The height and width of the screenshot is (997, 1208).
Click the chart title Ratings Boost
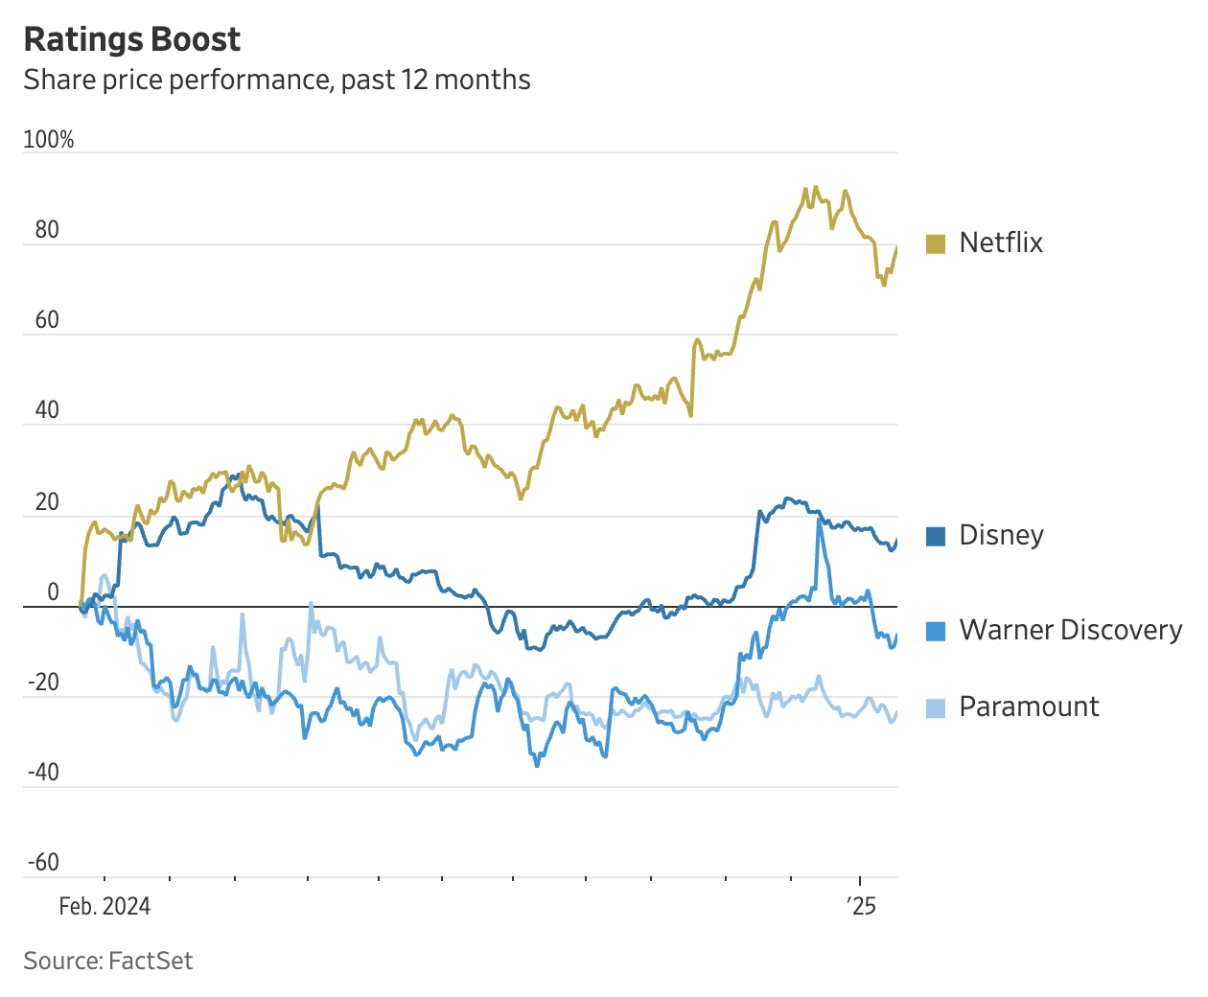pos(132,39)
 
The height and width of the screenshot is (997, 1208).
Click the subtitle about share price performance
pos(277,80)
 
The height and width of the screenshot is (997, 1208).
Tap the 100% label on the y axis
pos(49,140)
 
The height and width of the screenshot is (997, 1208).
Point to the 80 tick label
pos(47,230)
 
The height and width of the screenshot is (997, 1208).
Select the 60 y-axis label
pos(47,320)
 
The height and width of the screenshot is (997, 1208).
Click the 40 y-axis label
pos(47,410)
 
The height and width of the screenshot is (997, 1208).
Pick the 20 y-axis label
pos(47,502)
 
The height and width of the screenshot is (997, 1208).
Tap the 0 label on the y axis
pos(54,592)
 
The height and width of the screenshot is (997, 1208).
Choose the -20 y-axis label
pos(43,683)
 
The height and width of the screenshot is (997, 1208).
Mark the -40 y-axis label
pos(43,773)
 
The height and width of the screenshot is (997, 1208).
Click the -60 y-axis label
pos(43,863)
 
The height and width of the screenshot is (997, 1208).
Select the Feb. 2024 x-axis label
pos(105,907)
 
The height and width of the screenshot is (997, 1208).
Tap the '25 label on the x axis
pos(861,907)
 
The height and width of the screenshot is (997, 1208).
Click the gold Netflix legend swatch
pos(936,243)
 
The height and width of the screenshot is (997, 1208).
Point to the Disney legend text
pos(1001,535)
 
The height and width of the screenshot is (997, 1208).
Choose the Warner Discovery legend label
pos(1070,630)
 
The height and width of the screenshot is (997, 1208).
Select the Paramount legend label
pos(1029,707)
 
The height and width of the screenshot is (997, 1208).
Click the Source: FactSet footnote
pos(108,961)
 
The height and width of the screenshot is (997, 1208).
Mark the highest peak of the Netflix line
pos(815,188)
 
